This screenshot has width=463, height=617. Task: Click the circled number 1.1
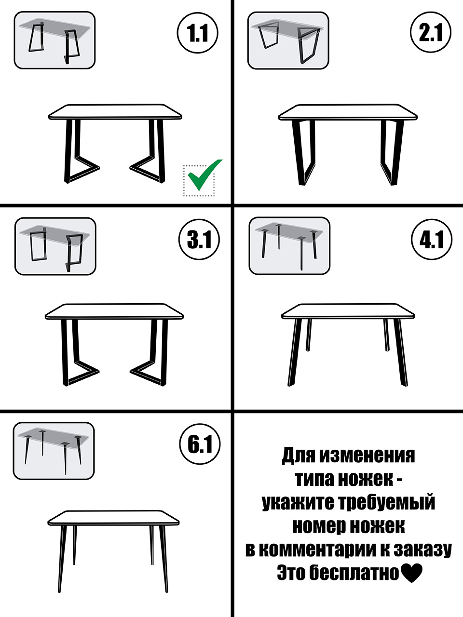pos(197,33)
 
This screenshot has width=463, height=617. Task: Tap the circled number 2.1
pos(431,33)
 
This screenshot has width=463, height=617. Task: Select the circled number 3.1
pos(199,239)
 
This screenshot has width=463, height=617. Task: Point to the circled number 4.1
pos(432,239)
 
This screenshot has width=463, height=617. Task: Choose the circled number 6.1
pos(200,444)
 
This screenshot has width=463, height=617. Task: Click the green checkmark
pos(204,175)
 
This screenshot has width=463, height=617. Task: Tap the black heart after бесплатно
pos(411,572)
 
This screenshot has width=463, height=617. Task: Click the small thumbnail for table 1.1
pos(54,40)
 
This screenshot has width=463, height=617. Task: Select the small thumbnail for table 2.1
pos(288,40)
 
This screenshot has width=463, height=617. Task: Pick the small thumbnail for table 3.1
pos(55,246)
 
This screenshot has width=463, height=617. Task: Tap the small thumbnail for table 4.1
pos(289,246)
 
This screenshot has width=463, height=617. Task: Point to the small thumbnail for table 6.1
pos(54,451)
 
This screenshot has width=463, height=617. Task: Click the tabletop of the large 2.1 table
pos(348,112)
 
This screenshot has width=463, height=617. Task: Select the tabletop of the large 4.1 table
pos(348,311)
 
